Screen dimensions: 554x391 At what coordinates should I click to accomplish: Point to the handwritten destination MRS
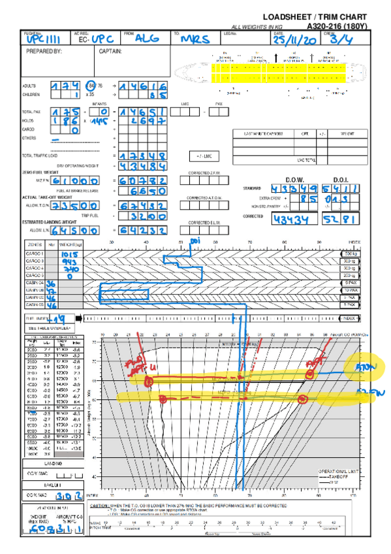coord(195,39)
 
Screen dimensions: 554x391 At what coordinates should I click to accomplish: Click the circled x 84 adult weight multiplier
coord(93,86)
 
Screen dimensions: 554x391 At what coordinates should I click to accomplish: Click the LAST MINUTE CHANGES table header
coord(264,133)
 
